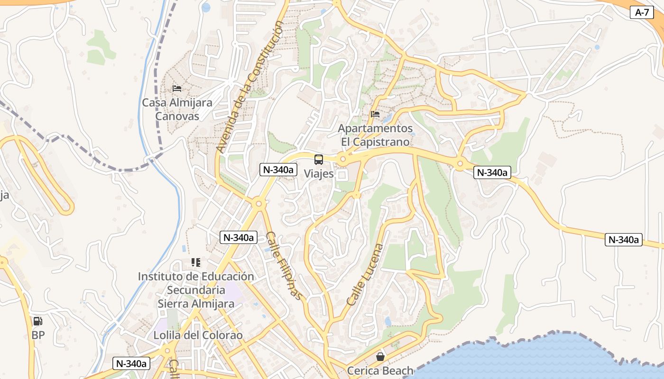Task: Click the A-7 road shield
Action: [x=642, y=12]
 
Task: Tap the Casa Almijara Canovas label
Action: [x=177, y=109]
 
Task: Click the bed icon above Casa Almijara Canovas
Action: [x=177, y=88]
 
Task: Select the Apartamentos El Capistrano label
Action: [x=375, y=135]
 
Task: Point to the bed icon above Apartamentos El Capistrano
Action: [x=375, y=114]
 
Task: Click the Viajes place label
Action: [x=319, y=174]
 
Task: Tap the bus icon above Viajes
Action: [x=319, y=160]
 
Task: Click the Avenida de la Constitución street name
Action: [x=249, y=89]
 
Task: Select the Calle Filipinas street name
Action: [x=284, y=265]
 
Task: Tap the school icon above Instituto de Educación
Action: [x=196, y=262]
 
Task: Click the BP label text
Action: [x=38, y=335]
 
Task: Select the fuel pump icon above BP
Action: [x=37, y=322]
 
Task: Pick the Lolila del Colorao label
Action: [x=198, y=335]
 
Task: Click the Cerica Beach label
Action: [x=380, y=370]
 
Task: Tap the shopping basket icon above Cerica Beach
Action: [x=380, y=357]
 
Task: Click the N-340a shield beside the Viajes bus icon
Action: [x=278, y=170]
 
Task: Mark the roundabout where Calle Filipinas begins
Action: [x=258, y=204]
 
